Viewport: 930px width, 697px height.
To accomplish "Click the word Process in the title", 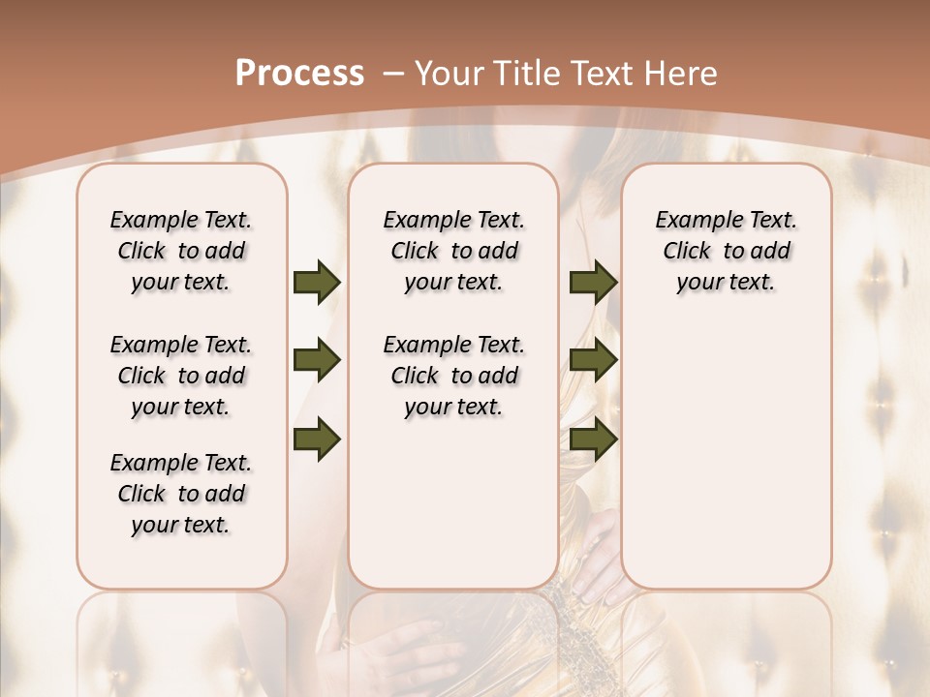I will point(299,73).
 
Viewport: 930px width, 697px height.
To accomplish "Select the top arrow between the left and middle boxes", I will point(317,282).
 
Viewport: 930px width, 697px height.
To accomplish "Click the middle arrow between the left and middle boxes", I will point(317,361).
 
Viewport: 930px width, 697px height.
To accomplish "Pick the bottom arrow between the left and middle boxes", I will point(317,439).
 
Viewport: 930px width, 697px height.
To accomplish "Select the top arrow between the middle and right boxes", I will point(593,282).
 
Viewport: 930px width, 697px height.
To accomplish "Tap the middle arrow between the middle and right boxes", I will point(593,361).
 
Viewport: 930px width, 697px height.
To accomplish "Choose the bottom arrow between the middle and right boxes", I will point(593,439).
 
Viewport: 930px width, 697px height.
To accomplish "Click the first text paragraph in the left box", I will point(181,251).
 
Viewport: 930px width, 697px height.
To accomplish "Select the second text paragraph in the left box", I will point(181,376).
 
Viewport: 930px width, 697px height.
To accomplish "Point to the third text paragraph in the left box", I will point(181,494).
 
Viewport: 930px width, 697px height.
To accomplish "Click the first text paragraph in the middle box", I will point(454,251).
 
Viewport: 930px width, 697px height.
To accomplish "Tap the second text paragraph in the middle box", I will point(454,376).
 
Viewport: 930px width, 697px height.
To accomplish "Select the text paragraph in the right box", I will point(727,251).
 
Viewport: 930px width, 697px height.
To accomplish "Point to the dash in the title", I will point(393,74).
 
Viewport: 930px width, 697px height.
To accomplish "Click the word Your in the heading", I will point(449,74).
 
